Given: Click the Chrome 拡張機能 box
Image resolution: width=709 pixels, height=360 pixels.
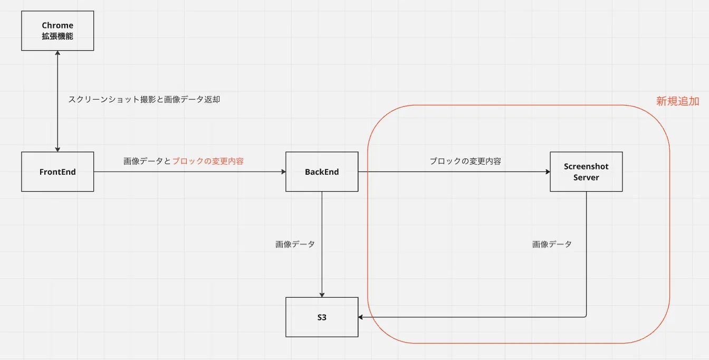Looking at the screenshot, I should (58, 31).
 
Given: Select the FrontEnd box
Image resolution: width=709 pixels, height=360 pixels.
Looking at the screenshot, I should (58, 172).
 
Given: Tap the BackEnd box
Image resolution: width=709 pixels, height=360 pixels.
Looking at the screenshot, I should (322, 172).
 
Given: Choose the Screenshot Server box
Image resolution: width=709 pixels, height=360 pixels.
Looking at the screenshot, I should (586, 172).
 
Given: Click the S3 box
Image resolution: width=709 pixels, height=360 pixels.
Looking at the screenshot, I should (322, 317).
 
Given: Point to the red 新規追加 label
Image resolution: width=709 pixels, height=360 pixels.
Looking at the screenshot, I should (677, 101).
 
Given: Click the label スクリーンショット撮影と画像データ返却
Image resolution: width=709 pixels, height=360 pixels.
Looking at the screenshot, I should (144, 99).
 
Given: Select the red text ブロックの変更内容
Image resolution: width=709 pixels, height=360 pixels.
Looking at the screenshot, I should (208, 162).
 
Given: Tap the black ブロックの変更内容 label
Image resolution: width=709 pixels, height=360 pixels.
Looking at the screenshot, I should (465, 162).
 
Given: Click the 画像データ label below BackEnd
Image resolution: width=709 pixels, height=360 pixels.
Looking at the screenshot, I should (295, 244).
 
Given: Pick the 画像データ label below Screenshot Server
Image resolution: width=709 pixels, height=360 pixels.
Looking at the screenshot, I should (552, 244).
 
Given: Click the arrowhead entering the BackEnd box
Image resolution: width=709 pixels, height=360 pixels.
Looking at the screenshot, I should (283, 172).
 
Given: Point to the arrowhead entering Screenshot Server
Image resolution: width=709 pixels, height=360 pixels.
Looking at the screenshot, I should (547, 172).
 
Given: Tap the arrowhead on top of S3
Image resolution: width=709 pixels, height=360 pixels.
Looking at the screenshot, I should (322, 295).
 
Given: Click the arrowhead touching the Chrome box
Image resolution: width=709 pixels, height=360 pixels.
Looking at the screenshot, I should (58, 53).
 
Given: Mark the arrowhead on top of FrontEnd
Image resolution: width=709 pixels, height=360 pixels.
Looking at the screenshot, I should (58, 149).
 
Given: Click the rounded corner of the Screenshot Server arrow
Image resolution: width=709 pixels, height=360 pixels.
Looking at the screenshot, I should (585, 316).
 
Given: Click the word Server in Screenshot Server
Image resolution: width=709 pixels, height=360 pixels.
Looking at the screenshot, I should (586, 177).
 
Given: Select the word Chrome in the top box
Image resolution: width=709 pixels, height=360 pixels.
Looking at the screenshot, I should (58, 25).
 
